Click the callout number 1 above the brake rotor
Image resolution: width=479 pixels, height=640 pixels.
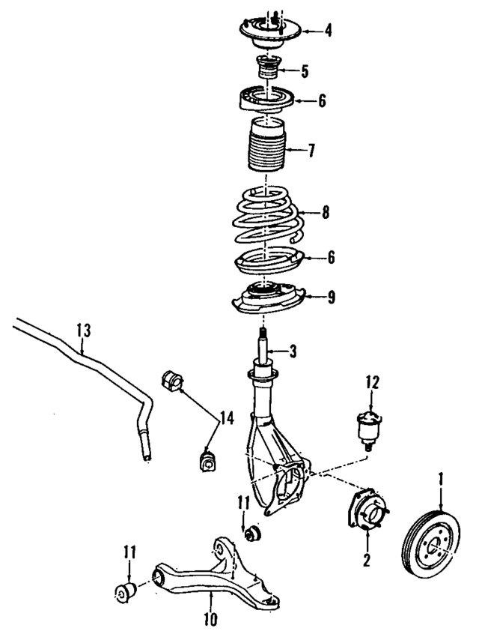pyautogui.click(x=441, y=477)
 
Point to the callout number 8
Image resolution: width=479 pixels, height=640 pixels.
pyautogui.click(x=325, y=212)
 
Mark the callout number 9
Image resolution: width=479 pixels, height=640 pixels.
pyautogui.click(x=330, y=297)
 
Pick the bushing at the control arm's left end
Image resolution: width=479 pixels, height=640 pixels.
pyautogui.click(x=124, y=590)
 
